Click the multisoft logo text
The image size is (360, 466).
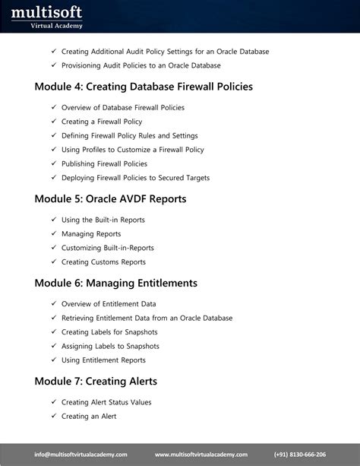(46, 12)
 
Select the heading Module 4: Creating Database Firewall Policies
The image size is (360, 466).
(144, 87)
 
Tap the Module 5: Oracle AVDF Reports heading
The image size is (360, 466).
(110, 199)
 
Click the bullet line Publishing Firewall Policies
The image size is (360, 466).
(104, 164)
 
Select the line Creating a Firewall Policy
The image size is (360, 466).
(102, 122)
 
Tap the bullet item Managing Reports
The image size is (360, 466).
(91, 234)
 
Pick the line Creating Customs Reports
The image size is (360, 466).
(103, 262)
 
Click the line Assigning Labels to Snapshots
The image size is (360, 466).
(110, 347)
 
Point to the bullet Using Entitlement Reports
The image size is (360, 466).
(103, 360)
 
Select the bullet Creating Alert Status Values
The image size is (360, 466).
(106, 402)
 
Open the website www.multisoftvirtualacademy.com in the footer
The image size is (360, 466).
(201, 455)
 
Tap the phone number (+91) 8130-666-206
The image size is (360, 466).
(300, 455)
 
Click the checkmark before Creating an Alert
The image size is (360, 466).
(54, 417)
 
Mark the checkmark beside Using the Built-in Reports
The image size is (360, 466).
(54, 220)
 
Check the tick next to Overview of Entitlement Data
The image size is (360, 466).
(54, 304)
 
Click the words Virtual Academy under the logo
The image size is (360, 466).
(57, 26)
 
